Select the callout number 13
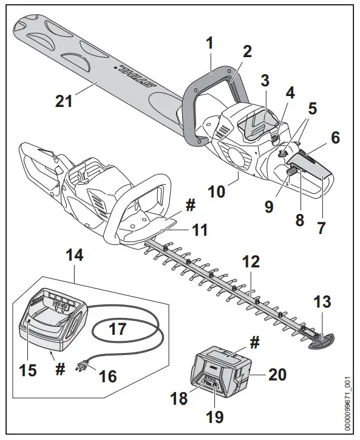[323, 302]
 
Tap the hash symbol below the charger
[61, 370]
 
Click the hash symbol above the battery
[254, 343]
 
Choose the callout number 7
[321, 229]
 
